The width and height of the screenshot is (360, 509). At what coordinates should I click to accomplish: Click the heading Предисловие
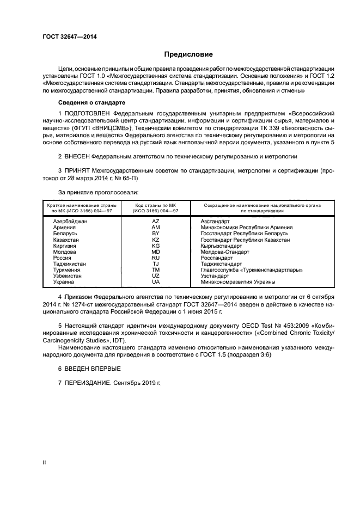pos(189,54)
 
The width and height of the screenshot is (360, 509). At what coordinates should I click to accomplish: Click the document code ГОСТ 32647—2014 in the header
pos(66,37)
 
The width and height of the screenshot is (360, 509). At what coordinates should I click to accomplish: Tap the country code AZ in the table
pos(155,222)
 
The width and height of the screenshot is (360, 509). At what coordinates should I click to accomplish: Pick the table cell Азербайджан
pos(70,222)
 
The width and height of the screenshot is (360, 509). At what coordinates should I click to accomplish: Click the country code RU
pos(155,257)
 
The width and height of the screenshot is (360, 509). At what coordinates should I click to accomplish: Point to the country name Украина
pos(64,281)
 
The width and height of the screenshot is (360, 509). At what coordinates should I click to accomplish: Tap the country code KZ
pos(155,240)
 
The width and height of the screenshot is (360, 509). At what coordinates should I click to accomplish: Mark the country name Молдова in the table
pos(65,252)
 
